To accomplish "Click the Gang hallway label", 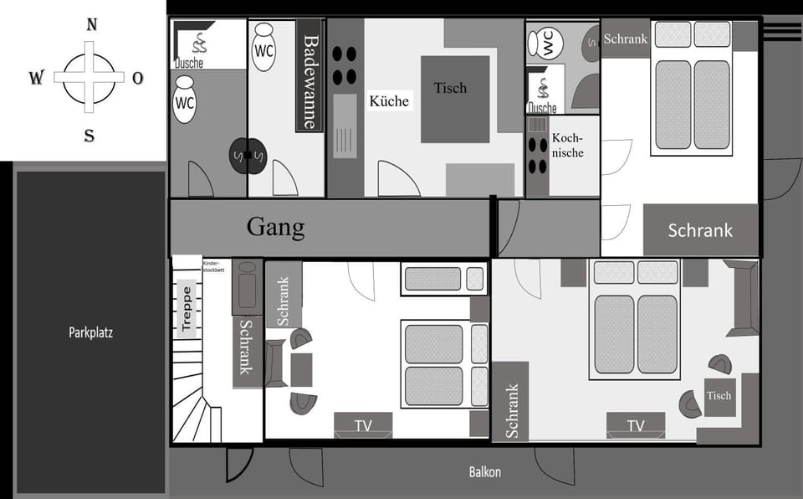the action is click(275, 227).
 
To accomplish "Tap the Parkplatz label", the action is click(90, 332).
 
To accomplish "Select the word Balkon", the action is click(485, 472).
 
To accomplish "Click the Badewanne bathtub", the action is click(309, 75).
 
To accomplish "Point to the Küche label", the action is click(389, 101).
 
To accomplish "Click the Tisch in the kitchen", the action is click(455, 99).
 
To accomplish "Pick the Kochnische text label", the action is click(567, 145).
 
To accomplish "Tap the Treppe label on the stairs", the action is click(187, 308).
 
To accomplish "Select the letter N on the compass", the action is click(92, 24).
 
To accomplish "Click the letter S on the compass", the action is click(90, 136).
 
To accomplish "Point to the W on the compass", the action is click(36, 77).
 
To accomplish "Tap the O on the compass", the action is click(138, 78).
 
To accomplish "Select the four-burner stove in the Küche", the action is click(344, 65).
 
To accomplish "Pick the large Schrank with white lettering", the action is click(700, 229).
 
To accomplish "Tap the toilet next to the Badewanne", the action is click(263, 46).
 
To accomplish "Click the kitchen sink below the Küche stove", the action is click(345, 126).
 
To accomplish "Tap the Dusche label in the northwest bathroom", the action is click(189, 63).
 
